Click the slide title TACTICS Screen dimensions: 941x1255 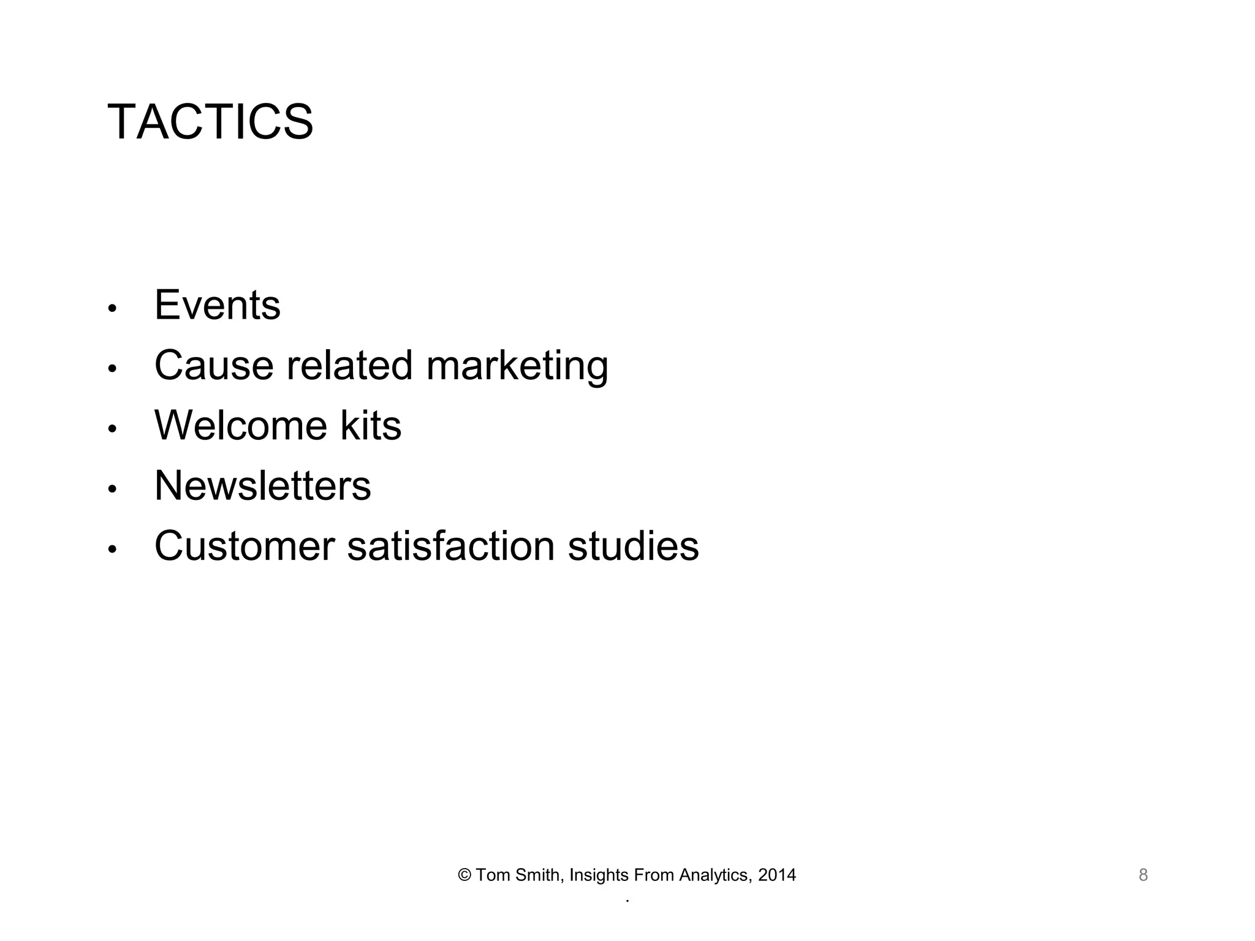point(210,122)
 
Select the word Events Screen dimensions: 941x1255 point(218,305)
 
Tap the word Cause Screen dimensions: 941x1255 point(214,365)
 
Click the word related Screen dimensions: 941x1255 point(349,365)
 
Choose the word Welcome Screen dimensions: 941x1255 point(241,425)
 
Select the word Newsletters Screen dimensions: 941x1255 point(262,485)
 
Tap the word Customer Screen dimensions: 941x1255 point(245,546)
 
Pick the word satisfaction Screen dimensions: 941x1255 point(451,546)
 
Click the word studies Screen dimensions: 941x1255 point(633,546)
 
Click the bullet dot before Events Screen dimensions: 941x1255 point(112,309)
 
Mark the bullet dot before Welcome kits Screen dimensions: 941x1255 point(112,429)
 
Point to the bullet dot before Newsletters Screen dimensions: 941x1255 point(112,489)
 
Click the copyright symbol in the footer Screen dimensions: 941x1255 point(464,875)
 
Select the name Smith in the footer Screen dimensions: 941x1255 point(537,875)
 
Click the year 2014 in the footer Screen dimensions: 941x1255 point(777,875)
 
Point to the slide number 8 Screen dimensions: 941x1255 point(1143,875)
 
